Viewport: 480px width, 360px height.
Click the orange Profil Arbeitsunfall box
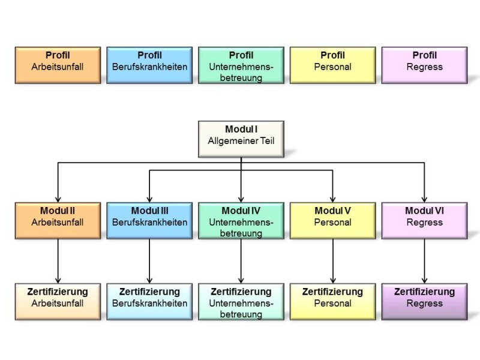click(x=58, y=65)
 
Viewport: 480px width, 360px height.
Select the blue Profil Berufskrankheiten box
click(x=149, y=65)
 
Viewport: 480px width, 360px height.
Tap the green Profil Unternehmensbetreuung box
click(x=241, y=65)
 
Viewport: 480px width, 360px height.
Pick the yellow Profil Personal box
click(x=332, y=65)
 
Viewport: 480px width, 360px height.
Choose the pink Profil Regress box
click(x=424, y=65)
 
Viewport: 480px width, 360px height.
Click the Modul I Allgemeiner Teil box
click(x=241, y=139)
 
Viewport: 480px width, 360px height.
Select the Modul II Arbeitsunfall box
click(x=58, y=221)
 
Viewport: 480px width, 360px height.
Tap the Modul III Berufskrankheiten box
click(x=149, y=221)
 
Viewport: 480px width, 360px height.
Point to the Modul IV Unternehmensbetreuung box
click(x=241, y=221)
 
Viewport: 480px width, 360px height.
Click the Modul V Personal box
click(x=332, y=221)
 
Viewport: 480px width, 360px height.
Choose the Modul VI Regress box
click(x=424, y=221)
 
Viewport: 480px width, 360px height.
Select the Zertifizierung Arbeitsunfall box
click(x=58, y=301)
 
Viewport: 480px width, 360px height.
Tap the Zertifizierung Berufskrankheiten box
click(x=149, y=301)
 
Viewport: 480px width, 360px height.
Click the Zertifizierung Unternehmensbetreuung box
click(x=241, y=301)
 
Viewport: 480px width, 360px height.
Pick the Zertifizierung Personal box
click(x=332, y=301)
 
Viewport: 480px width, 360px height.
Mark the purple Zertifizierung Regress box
click(x=424, y=301)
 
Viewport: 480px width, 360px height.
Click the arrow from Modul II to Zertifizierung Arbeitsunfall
click(x=58, y=260)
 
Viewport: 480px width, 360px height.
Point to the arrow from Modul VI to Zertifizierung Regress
click(x=424, y=260)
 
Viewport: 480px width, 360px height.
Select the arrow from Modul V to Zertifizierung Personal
click(x=332, y=260)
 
